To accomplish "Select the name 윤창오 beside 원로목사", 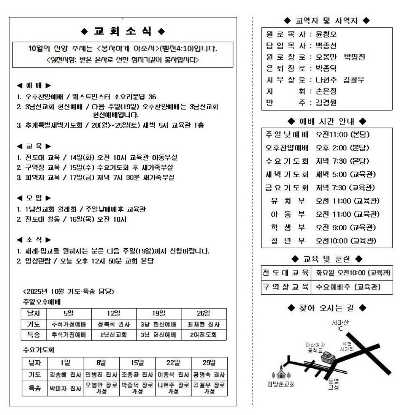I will coord(326,35).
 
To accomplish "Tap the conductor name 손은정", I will coord(326,91).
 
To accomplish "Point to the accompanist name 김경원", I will coord(326,103).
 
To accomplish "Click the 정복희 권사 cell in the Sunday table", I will coord(114,325).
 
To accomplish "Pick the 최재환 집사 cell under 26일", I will coord(203,325).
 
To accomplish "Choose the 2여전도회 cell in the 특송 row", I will coord(203,335).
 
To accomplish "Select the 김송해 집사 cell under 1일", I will coord(65,374).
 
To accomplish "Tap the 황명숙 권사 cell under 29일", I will coord(209,374).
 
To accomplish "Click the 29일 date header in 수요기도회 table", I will coord(209,363).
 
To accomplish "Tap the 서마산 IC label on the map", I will coord(340,325).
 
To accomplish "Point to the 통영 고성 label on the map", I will coord(333,384).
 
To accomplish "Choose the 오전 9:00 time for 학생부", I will coord(331,227).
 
